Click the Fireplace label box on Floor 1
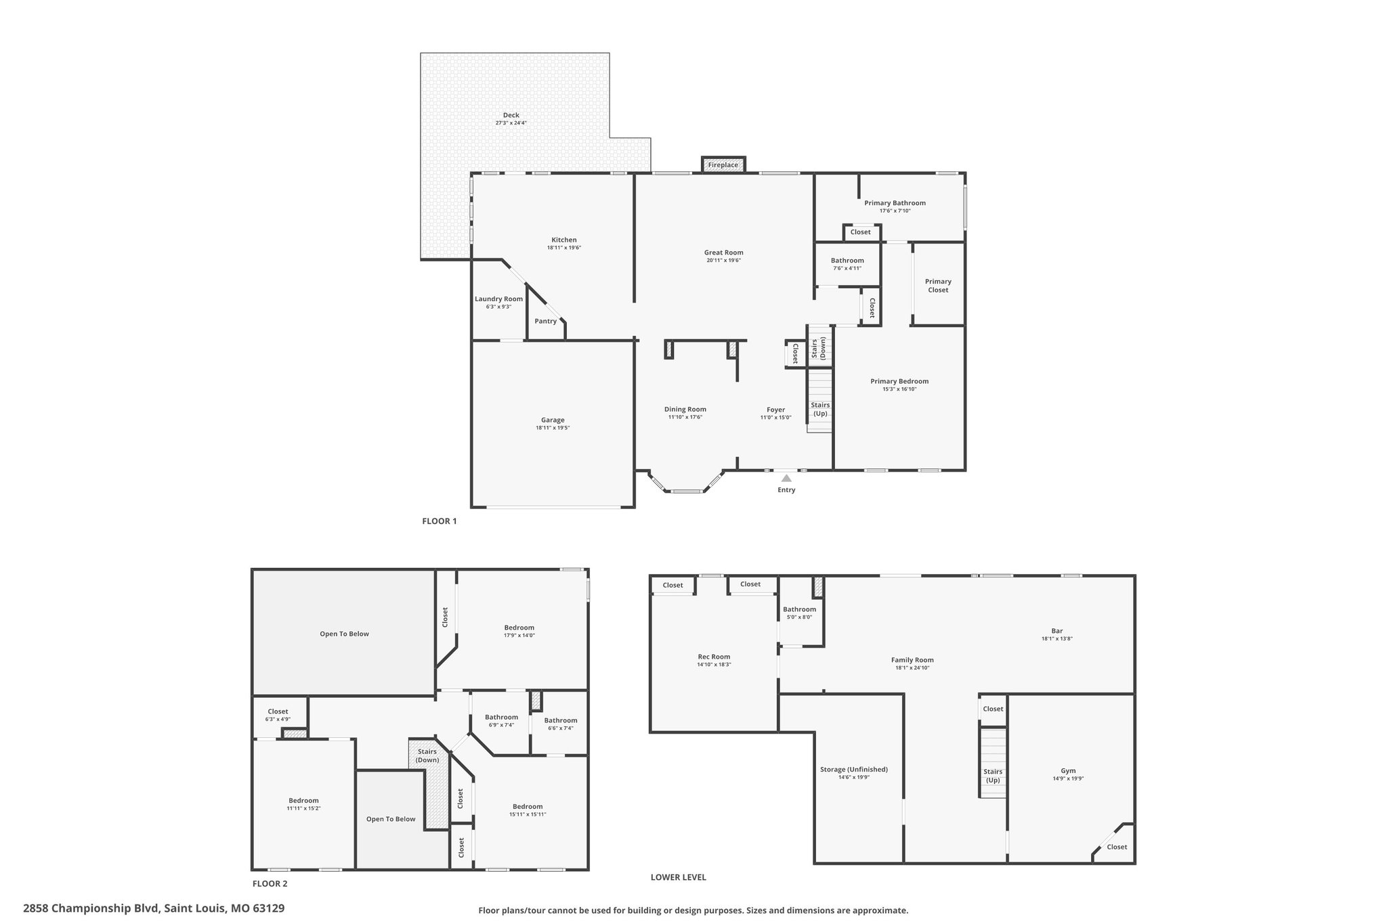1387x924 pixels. click(723, 164)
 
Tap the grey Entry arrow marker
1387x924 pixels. click(786, 478)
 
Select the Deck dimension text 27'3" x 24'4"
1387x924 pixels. click(511, 123)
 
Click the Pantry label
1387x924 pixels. click(546, 321)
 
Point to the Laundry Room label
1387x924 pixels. click(498, 299)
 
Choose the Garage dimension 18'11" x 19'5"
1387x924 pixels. click(553, 428)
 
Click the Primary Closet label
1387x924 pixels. click(938, 286)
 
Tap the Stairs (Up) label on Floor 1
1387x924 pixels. click(820, 410)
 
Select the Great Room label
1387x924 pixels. click(723, 252)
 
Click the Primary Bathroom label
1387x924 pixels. click(895, 203)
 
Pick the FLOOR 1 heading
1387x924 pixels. click(440, 521)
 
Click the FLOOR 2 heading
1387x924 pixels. click(270, 883)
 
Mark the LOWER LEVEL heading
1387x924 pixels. click(679, 877)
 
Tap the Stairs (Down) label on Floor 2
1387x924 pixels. click(427, 755)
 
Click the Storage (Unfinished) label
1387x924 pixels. click(853, 770)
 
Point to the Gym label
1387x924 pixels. click(1068, 771)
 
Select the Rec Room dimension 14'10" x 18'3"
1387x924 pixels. click(714, 665)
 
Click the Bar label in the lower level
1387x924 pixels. click(1057, 631)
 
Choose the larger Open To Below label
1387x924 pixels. click(344, 634)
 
